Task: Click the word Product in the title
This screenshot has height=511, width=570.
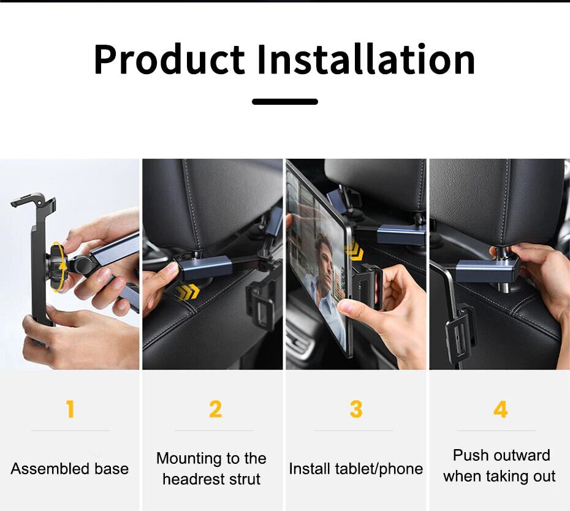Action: click(x=169, y=59)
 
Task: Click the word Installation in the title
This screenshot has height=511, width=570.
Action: click(x=366, y=59)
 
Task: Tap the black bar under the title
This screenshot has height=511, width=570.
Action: click(x=285, y=102)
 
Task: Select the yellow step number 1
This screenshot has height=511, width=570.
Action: click(x=70, y=409)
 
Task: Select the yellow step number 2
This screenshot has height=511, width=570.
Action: click(x=215, y=409)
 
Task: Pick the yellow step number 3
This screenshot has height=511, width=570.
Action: click(x=356, y=409)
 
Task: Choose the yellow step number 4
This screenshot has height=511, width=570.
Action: click(x=501, y=409)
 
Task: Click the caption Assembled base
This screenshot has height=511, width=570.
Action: click(x=69, y=469)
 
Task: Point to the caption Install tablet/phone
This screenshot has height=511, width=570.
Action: click(x=356, y=469)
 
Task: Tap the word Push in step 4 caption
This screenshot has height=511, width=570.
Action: click(x=468, y=455)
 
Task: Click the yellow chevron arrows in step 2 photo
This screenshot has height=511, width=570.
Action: click(x=188, y=292)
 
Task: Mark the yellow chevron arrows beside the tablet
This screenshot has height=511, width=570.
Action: click(x=354, y=250)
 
